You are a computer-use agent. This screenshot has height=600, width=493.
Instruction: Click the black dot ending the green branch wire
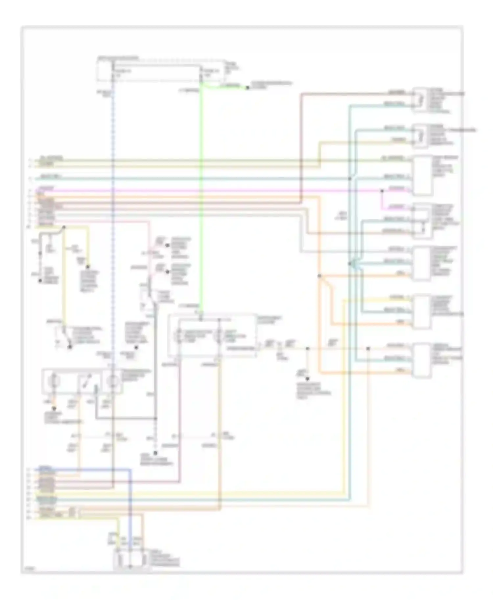tap(247, 88)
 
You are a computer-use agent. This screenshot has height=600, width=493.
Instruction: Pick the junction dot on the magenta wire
tap(382, 190)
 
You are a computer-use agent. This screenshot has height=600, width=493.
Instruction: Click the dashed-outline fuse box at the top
tap(161, 71)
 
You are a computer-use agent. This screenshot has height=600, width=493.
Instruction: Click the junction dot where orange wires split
tap(319, 276)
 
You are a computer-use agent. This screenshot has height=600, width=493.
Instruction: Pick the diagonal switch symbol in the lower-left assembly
tap(86, 381)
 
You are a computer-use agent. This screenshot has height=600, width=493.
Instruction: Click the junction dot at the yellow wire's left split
tap(64, 227)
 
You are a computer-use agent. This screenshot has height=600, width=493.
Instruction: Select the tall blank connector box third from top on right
tap(422, 176)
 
